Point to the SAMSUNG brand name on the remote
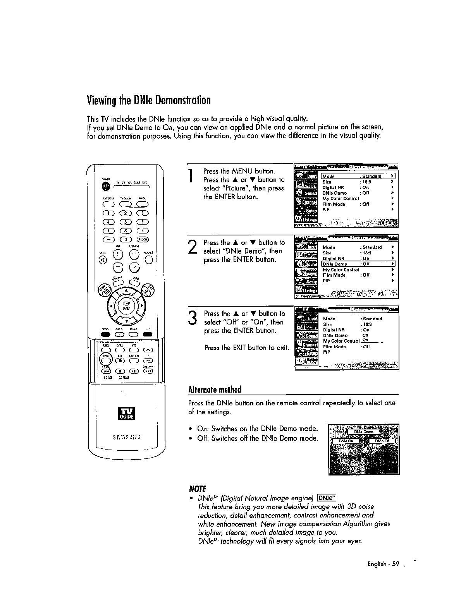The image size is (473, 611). pyautogui.click(x=126, y=438)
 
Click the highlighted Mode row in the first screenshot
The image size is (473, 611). pyautogui.click(x=358, y=176)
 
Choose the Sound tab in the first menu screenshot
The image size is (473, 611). pyautogui.click(x=306, y=193)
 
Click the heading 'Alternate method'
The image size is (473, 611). pyautogui.click(x=215, y=389)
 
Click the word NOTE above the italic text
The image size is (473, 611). pyautogui.click(x=196, y=489)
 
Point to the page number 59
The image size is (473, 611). pyautogui.click(x=395, y=564)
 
